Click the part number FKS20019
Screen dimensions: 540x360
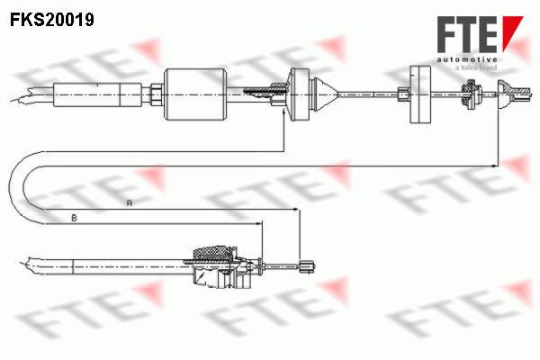coord(52,19)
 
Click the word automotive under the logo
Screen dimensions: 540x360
coord(467,59)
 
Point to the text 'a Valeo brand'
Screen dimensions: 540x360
coord(476,67)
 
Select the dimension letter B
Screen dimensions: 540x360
coord(74,218)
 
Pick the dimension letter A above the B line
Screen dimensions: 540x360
coord(129,202)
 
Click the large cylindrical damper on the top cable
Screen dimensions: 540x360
coord(195,94)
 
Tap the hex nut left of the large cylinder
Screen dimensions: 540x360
coord(157,94)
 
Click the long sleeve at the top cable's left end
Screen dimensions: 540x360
coord(97,94)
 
